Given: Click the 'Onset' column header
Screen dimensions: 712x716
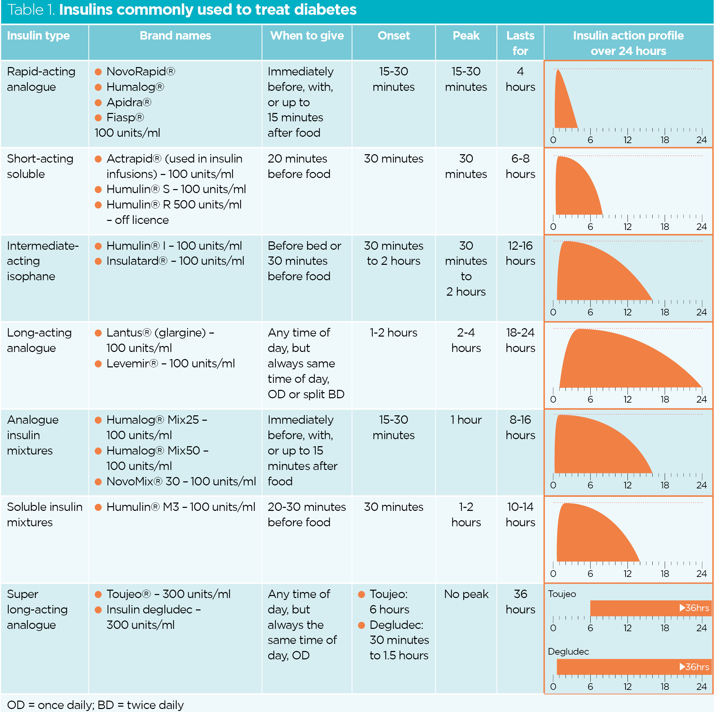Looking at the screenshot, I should [x=393, y=36].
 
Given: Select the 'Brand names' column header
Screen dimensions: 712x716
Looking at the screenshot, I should [x=175, y=36].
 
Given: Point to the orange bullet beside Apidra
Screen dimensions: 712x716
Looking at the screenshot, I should [x=98, y=102].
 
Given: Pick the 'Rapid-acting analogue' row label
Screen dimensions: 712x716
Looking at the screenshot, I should [x=41, y=79].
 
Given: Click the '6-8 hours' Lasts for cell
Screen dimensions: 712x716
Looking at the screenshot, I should [x=520, y=166].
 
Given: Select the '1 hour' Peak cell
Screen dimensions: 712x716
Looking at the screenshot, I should [x=466, y=420].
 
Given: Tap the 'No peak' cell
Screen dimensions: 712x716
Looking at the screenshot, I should [x=466, y=594].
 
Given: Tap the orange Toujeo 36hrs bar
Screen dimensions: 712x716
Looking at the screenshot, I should [x=630, y=608].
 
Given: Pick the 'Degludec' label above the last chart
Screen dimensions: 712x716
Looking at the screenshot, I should [x=568, y=651].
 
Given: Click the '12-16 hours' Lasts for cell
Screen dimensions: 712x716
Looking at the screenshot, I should [x=520, y=253].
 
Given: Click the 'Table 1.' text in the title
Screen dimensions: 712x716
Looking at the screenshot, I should [x=31, y=10].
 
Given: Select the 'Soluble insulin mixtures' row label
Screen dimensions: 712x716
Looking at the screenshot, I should [x=45, y=515].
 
